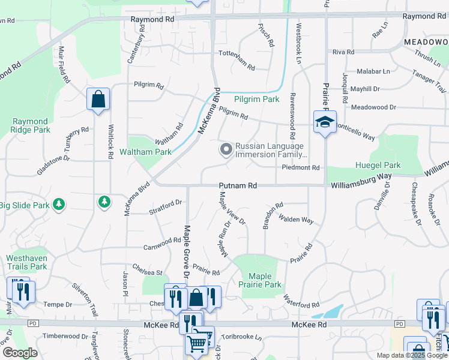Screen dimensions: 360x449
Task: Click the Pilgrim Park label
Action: click(257, 99)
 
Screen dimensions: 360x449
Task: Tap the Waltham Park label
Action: click(146, 152)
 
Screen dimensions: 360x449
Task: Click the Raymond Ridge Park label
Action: click(31, 125)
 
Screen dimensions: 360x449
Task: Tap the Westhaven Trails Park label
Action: click(26, 262)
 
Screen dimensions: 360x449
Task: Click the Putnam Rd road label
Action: click(238, 186)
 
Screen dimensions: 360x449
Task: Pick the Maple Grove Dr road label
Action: click(187, 250)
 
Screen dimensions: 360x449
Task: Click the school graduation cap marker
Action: click(325, 122)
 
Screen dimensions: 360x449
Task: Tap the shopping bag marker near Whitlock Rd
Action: click(98, 99)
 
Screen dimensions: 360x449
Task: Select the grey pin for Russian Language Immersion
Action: click(226, 149)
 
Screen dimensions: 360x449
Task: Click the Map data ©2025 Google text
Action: click(411, 355)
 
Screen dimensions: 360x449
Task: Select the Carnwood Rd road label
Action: click(162, 244)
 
